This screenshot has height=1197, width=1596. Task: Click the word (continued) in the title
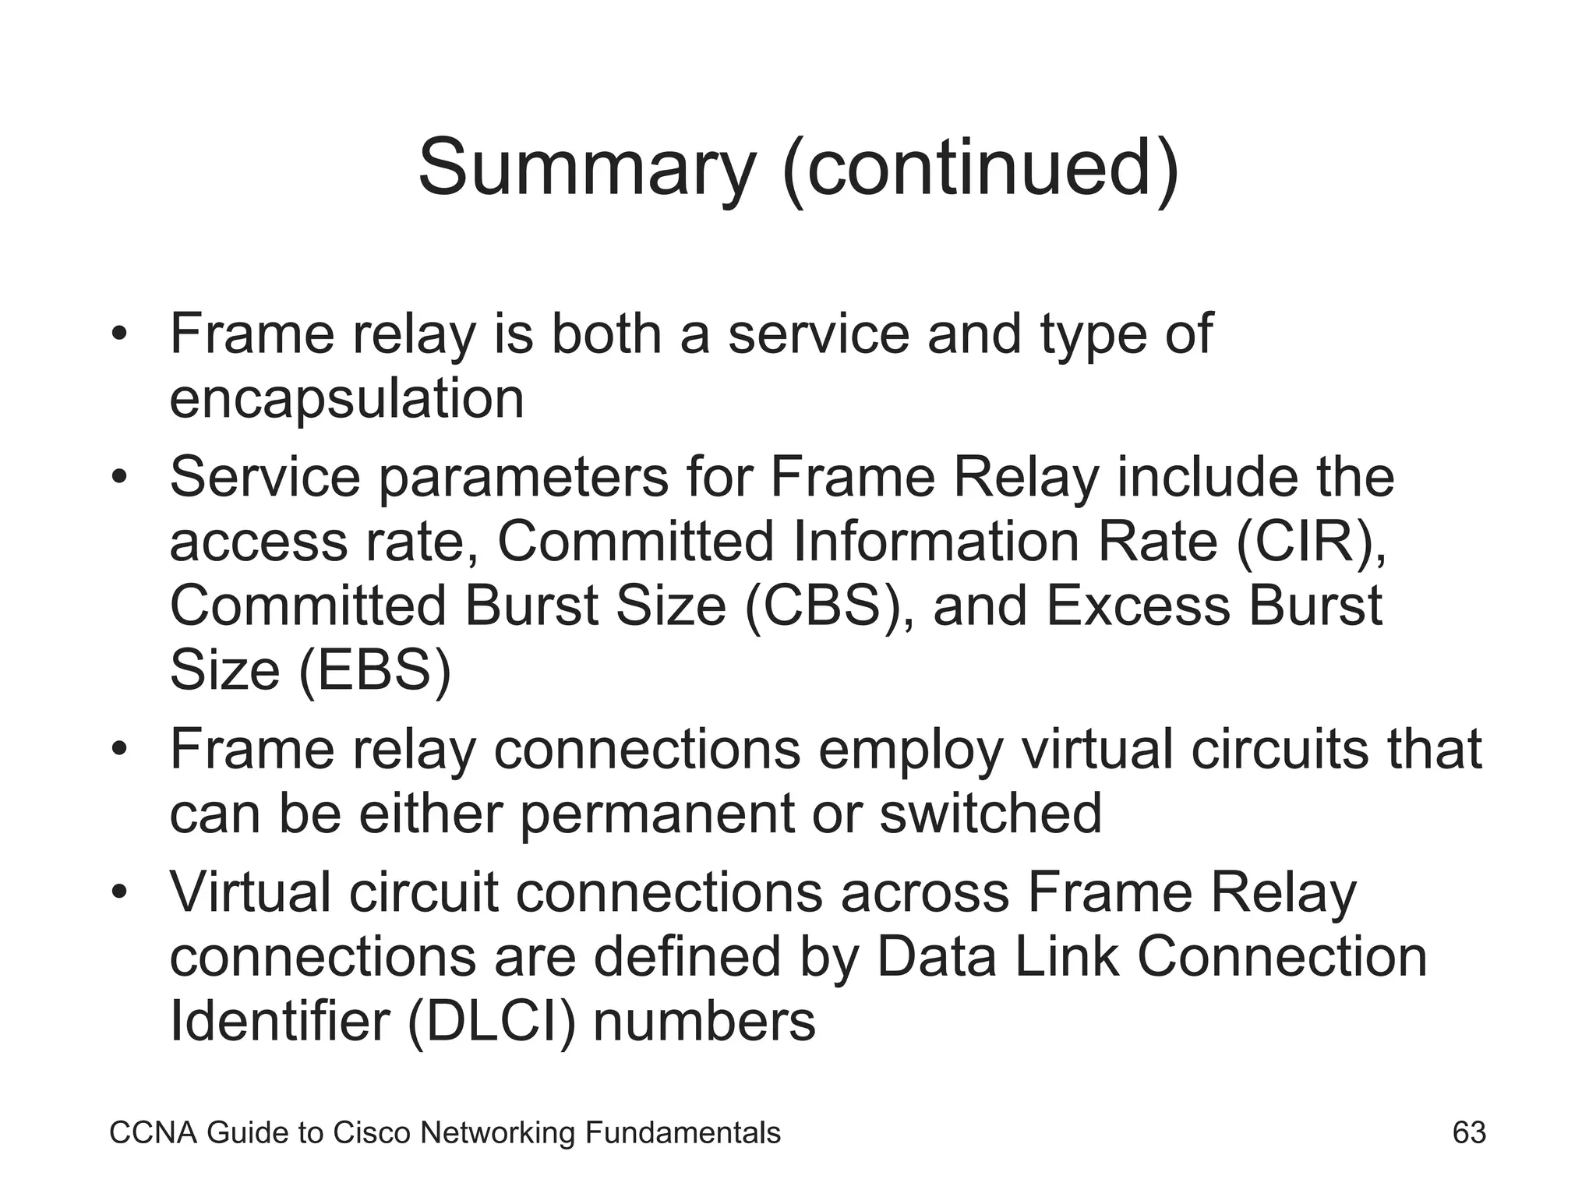pos(980,168)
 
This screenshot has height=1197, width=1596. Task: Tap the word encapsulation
pos(347,399)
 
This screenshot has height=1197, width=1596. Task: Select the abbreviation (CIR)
pos(1312,542)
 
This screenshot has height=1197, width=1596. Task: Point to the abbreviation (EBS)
pos(375,670)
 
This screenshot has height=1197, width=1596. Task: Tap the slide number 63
pos(1469,1132)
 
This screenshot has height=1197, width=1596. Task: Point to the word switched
pos(990,813)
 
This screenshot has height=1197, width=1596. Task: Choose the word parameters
pos(524,478)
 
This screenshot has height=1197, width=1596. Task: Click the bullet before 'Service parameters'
pos(118,476)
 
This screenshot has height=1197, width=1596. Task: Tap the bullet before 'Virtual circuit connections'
pos(118,892)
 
